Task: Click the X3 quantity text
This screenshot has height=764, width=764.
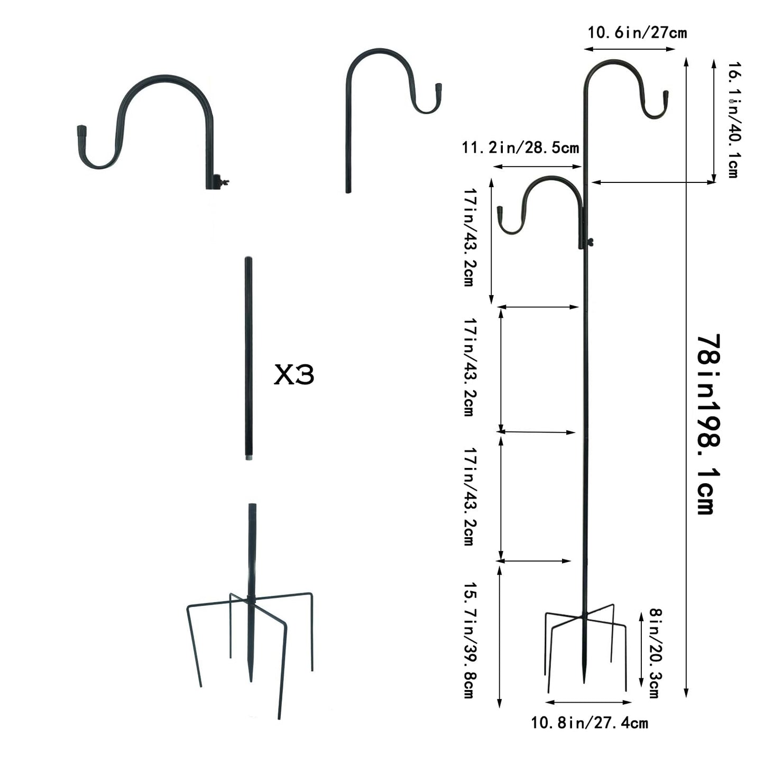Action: click(294, 375)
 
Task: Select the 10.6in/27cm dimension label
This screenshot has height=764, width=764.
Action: click(637, 33)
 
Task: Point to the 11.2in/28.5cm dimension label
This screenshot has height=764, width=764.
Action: click(520, 148)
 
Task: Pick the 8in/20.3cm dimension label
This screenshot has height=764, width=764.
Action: click(654, 652)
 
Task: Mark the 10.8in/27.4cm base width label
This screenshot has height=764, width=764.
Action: click(590, 723)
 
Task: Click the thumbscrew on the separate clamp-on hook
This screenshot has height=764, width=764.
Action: click(226, 183)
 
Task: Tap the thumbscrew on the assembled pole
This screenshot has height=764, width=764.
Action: click(591, 243)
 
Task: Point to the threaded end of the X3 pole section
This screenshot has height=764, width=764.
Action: click(248, 455)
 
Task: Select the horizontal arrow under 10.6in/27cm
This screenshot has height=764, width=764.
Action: click(630, 49)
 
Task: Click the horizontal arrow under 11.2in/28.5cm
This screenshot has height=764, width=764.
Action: click(537, 167)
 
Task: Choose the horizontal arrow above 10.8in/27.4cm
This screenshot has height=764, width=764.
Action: click(588, 702)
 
